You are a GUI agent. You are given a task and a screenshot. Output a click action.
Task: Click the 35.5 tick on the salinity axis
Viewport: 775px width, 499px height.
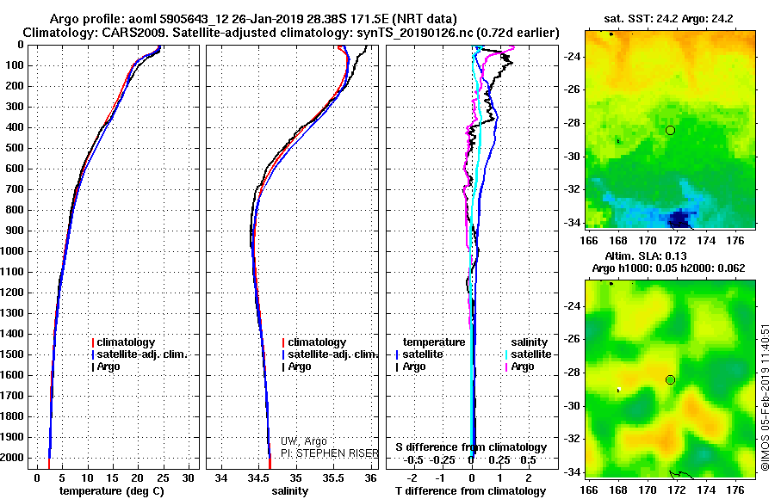333,477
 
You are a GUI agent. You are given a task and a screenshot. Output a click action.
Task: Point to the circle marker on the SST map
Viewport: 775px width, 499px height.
670,130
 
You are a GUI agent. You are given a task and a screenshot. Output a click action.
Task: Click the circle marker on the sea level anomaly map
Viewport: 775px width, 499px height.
670,379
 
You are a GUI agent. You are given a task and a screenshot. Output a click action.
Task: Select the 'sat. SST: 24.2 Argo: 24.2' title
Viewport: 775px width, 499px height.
667,17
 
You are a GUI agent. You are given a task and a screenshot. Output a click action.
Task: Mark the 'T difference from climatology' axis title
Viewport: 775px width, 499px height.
472,491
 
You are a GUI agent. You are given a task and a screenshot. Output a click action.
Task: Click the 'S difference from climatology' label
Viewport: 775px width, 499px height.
471,447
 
